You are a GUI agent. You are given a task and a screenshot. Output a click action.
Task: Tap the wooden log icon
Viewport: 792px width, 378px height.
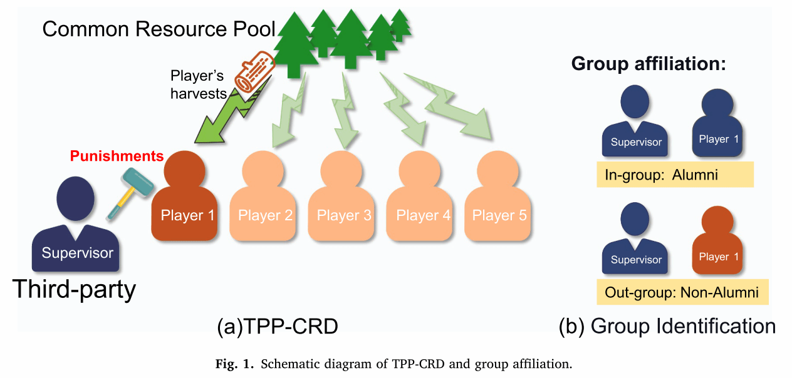pos(253,76)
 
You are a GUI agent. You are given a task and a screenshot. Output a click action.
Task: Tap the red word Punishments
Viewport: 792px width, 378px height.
pos(117,156)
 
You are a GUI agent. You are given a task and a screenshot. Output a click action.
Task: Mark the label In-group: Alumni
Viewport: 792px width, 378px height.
pos(674,175)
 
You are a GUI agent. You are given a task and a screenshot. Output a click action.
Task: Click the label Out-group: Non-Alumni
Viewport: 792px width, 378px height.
pos(681,292)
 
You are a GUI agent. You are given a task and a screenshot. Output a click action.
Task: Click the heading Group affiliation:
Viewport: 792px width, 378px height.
pos(649,64)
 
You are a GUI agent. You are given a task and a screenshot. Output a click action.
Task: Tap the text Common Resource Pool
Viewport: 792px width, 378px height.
pos(159,29)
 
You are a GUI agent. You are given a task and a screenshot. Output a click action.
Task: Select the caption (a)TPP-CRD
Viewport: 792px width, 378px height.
pos(277,327)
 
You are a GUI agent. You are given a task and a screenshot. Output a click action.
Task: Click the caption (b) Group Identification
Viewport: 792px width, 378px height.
pos(667,326)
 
